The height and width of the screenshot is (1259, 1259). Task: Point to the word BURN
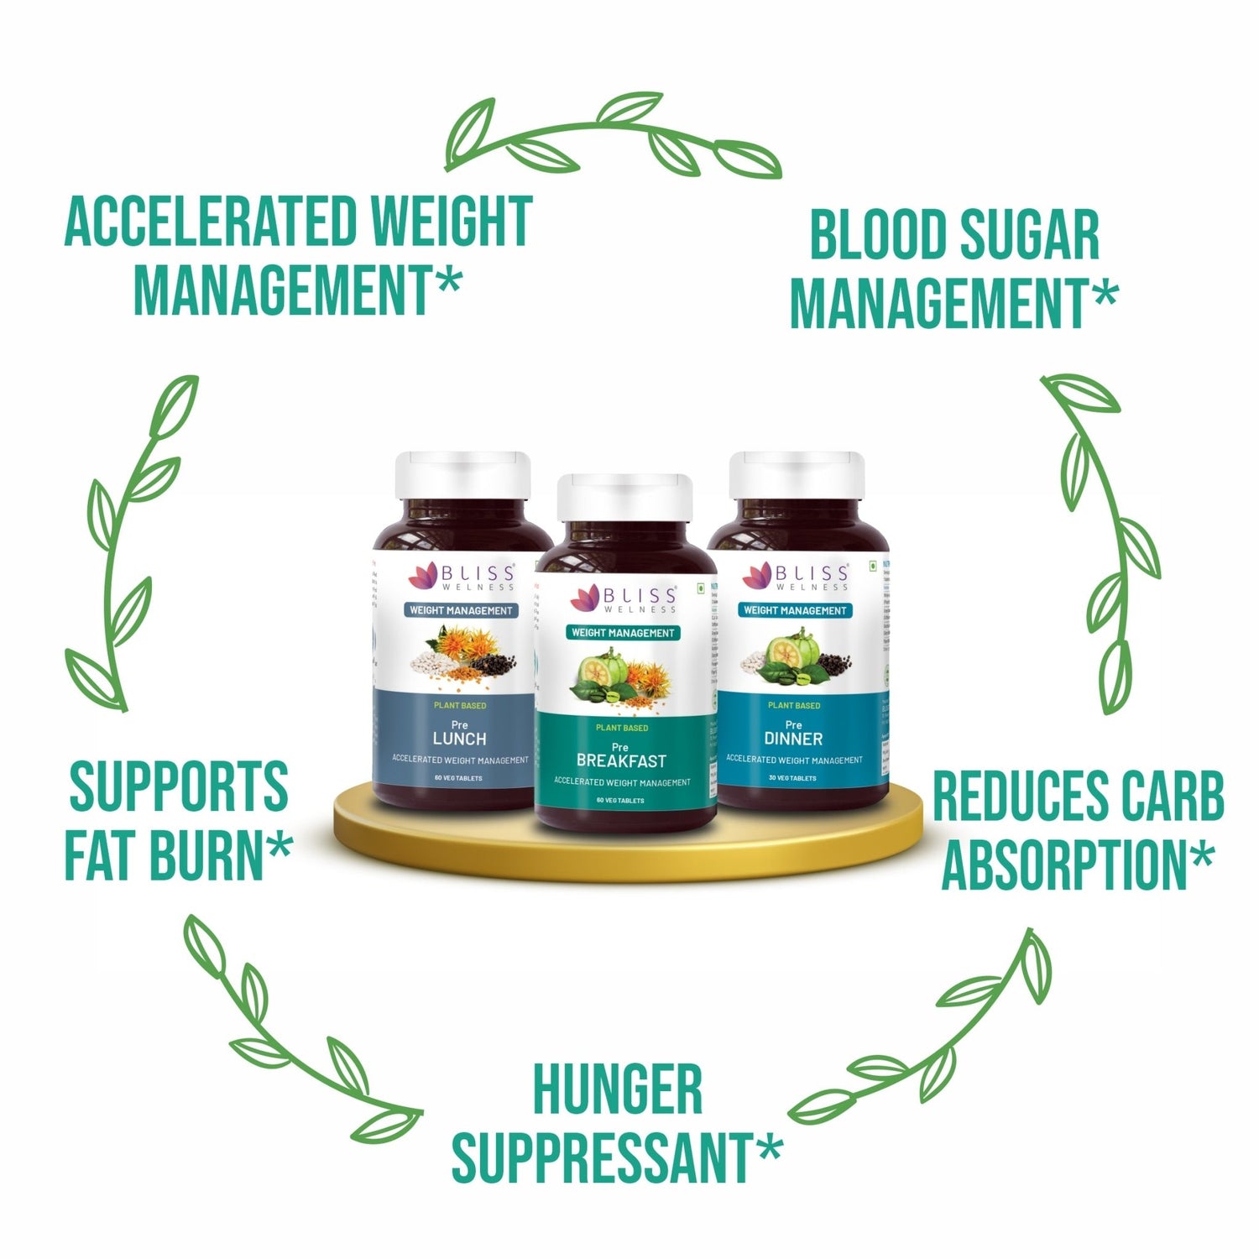218,855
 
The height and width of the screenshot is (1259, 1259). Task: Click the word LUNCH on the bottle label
459,739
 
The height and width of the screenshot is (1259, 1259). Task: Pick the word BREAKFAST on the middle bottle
621,761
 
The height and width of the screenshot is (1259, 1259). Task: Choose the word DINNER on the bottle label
793,739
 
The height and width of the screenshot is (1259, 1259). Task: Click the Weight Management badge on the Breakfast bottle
623,633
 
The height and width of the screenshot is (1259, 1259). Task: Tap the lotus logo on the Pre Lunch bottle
424,577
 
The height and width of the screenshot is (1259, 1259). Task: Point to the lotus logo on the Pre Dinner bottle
757,577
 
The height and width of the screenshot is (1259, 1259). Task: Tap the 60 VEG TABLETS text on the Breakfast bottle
620,801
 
